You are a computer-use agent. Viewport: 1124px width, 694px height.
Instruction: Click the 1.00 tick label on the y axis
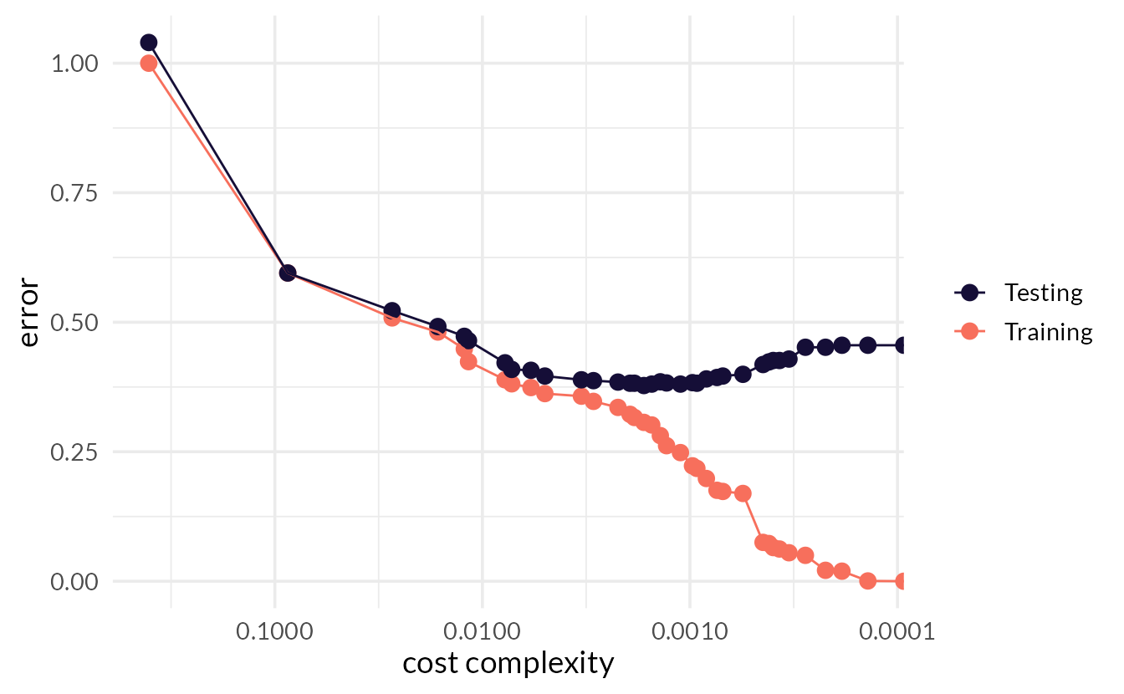coord(74,64)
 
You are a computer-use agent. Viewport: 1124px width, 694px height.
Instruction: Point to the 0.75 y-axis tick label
coord(74,193)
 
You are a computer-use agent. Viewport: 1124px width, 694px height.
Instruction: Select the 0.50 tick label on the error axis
coord(74,323)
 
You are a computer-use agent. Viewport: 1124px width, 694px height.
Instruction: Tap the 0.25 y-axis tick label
coord(74,452)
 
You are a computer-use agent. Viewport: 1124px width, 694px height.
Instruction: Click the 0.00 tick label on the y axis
coord(74,582)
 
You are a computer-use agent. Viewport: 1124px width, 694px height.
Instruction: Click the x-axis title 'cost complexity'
coord(508,663)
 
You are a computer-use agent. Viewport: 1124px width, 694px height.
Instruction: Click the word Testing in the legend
coord(1043,293)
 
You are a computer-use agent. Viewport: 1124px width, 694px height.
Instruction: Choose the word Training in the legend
coord(1048,332)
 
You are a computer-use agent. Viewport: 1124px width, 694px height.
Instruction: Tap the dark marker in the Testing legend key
coord(969,293)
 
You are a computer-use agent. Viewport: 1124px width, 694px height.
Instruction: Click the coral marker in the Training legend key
coord(969,332)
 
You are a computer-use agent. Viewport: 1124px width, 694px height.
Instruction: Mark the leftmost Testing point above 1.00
coord(149,43)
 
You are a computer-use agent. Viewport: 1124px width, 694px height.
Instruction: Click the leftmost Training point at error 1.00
coord(149,64)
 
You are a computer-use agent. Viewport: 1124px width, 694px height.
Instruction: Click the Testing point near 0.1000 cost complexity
coord(287,273)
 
